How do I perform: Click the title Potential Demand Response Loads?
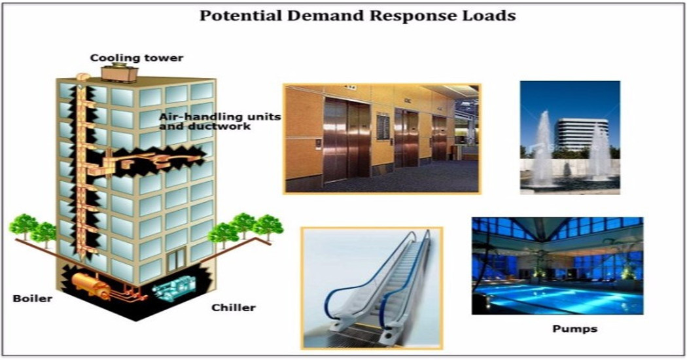[357, 15]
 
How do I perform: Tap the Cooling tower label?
[136, 58]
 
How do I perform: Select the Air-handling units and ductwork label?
[219, 122]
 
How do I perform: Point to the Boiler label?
[33, 298]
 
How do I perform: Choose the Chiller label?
[233, 308]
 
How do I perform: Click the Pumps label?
[574, 329]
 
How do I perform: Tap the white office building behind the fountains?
[581, 134]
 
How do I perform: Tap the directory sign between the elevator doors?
[383, 127]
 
